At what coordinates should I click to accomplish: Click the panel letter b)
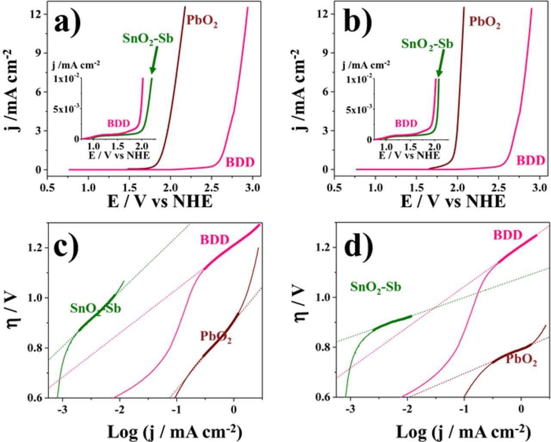(358, 22)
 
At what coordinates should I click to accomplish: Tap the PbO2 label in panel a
(201, 22)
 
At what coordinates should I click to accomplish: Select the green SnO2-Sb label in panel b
(427, 44)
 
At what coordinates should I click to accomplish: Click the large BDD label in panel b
(530, 161)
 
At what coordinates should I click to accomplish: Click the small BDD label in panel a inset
(118, 124)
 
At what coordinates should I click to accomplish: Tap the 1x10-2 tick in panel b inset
(359, 80)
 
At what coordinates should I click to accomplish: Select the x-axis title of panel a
(160, 201)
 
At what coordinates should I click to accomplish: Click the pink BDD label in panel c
(214, 240)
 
